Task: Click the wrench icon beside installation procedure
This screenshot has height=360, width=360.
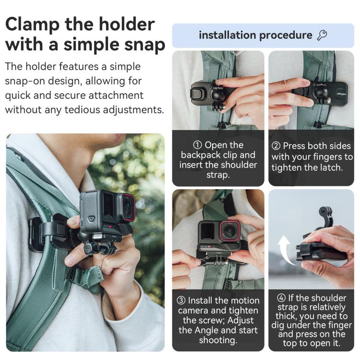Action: click(x=322, y=35)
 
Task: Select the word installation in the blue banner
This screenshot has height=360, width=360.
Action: click(x=227, y=35)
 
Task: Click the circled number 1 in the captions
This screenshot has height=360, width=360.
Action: click(x=197, y=145)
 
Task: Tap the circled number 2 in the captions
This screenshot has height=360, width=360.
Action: click(x=276, y=145)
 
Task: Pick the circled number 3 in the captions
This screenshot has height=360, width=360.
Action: click(x=181, y=300)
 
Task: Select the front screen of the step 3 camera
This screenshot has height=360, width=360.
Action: click(x=207, y=231)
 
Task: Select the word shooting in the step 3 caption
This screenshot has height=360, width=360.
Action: click(x=218, y=340)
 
